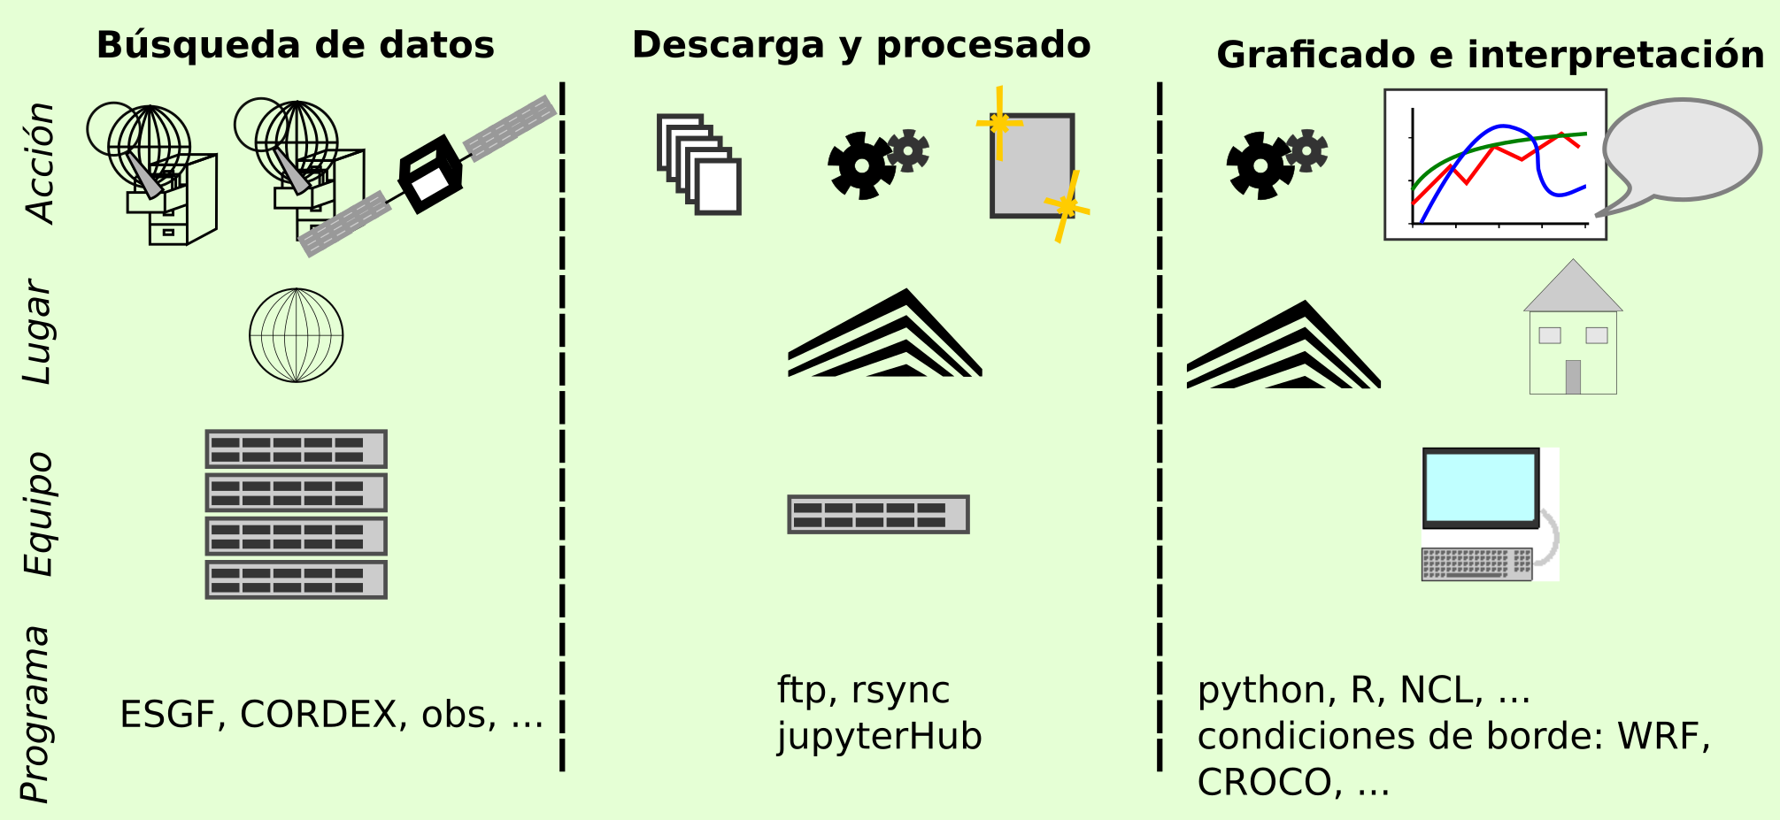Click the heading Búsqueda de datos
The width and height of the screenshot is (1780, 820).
(295, 46)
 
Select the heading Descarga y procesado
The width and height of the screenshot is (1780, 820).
(860, 46)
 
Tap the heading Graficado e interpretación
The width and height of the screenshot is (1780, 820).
(1490, 56)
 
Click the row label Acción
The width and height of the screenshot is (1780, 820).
(41, 163)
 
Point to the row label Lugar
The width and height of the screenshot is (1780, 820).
(39, 332)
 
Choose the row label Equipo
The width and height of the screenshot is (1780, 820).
(39, 514)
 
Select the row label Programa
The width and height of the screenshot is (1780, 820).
(37, 715)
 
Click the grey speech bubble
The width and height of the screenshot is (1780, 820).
(1681, 150)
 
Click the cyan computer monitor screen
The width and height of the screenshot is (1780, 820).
(1480, 487)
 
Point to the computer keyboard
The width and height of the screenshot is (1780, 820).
(1476, 563)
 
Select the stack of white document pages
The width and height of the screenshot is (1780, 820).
(699, 165)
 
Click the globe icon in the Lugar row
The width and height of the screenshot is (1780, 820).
(297, 335)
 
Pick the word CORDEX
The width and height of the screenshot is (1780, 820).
(318, 715)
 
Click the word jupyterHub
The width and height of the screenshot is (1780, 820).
(879, 737)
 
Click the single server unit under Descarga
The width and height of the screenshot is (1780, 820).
(878, 514)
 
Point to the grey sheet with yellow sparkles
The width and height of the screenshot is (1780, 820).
(1032, 165)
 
